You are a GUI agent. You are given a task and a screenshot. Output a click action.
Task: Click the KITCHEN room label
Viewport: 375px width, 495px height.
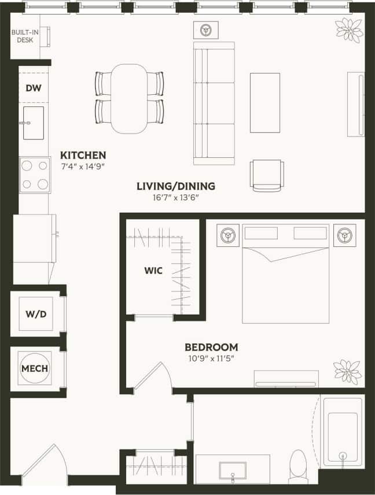pos(83,155)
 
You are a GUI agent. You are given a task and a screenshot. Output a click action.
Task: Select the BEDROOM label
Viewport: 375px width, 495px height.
pos(211,347)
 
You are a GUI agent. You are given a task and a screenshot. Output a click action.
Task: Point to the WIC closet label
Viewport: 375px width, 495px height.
pos(153,269)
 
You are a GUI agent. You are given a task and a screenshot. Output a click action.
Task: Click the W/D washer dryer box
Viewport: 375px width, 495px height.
pos(36,315)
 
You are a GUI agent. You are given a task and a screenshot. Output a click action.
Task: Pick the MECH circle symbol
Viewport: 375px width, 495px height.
pos(35,368)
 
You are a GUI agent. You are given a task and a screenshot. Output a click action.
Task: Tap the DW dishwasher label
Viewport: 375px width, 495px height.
pos(33,88)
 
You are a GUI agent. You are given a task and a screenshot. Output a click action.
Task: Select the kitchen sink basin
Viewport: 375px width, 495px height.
pos(33,123)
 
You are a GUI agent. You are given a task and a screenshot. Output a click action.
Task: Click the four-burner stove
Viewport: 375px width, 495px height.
pos(34,175)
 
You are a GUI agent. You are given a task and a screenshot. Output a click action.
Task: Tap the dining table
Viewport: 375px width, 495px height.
pos(129,98)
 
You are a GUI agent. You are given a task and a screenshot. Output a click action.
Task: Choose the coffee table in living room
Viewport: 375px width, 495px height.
pos(264,102)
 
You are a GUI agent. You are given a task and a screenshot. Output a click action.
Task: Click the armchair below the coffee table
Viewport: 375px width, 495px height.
pos(267,175)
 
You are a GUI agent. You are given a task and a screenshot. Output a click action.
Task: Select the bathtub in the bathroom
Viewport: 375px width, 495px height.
pos(343,431)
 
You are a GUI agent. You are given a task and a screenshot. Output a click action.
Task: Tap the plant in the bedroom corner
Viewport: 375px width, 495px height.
pos(347,370)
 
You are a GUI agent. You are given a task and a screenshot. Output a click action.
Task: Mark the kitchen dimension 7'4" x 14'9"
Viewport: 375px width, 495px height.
pos(83,167)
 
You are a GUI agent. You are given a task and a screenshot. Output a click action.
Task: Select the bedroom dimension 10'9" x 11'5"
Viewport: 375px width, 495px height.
pos(211,359)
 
